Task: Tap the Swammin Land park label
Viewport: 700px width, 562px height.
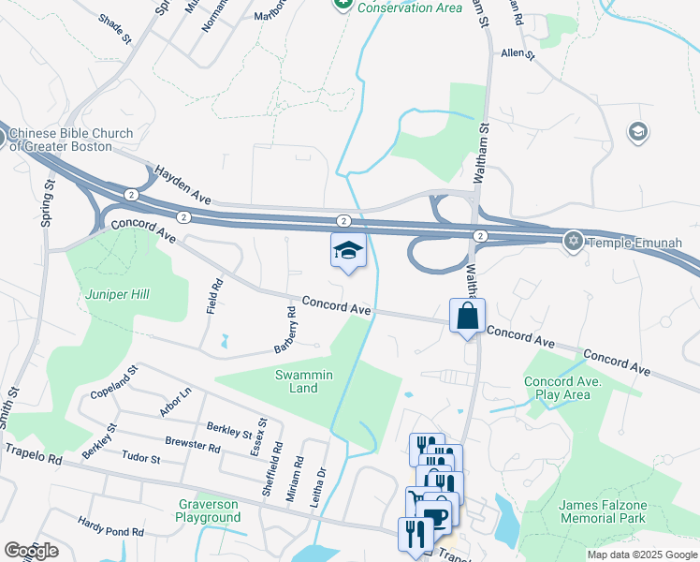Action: (x=303, y=381)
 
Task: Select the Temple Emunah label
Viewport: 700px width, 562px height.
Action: (x=635, y=243)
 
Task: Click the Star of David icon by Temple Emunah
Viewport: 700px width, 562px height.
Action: (x=574, y=242)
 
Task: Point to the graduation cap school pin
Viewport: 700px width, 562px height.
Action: (x=348, y=251)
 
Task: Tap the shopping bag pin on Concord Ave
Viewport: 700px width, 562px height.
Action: (x=467, y=317)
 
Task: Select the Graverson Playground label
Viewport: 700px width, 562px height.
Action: (x=208, y=510)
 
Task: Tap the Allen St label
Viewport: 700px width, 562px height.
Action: (x=517, y=54)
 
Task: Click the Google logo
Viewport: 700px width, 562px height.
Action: (x=31, y=551)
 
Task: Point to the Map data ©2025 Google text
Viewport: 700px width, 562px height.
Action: (x=641, y=555)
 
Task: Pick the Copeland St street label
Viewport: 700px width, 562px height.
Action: (x=114, y=382)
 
